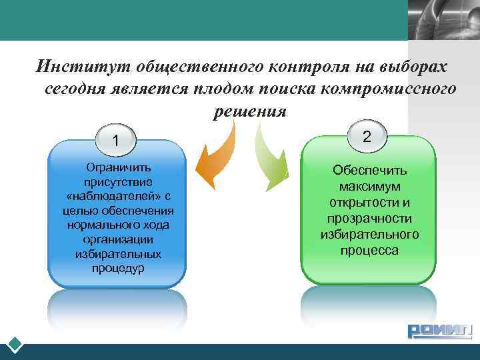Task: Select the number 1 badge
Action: point(117,141)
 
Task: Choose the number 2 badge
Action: point(366,137)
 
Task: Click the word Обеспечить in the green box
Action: point(369,171)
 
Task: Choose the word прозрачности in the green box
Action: point(369,219)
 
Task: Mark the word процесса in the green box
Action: point(369,251)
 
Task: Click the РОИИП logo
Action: point(439,331)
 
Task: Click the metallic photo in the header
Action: point(443,20)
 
